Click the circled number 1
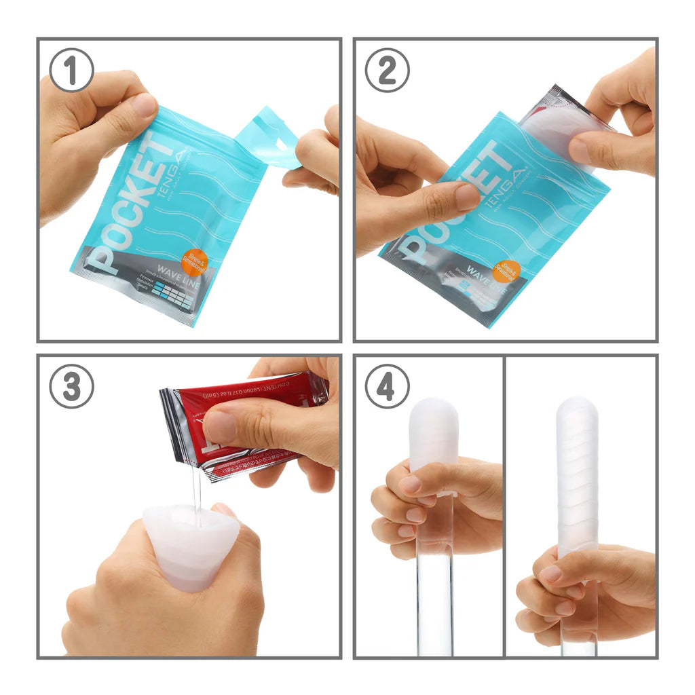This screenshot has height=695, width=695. [x=71, y=70]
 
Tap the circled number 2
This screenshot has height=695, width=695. [x=387, y=70]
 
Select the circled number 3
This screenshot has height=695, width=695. [x=71, y=386]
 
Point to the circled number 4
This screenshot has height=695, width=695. [x=387, y=386]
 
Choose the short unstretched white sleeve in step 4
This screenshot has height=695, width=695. [x=433, y=434]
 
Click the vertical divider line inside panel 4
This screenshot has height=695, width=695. [x=504, y=506]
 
